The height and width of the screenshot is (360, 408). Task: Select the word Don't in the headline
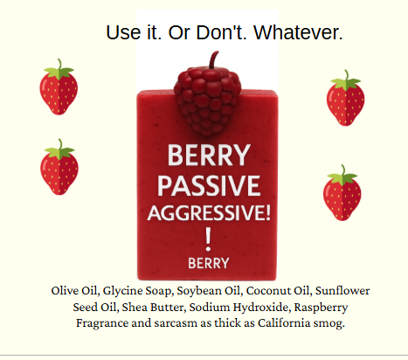[219, 33]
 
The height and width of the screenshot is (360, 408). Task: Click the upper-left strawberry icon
[59, 85]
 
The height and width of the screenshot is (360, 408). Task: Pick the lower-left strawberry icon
[59, 168]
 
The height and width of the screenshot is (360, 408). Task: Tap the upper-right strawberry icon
[345, 100]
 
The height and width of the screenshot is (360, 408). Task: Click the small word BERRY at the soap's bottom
[208, 261]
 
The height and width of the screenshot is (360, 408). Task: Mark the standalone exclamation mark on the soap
[208, 238]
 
